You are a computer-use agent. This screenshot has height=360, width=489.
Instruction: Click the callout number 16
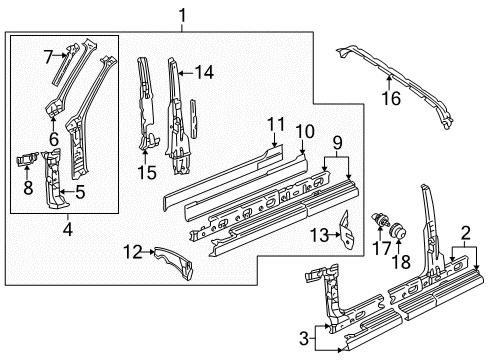391,98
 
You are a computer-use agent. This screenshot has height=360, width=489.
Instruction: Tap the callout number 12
133,252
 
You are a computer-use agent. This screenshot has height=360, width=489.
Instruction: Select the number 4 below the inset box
68,229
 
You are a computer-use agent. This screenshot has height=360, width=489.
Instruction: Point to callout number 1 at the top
182,16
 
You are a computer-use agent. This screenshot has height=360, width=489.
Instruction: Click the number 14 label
204,72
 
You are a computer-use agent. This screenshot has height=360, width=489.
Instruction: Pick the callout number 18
401,262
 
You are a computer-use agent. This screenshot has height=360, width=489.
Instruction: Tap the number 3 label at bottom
304,339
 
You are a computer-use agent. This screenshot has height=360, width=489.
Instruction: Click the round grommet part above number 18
398,230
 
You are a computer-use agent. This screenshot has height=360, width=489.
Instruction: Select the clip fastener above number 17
380,220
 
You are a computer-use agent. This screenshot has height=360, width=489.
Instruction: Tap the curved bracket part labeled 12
174,262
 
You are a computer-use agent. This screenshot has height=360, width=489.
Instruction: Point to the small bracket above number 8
28,158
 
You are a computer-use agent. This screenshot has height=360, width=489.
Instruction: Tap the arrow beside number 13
334,235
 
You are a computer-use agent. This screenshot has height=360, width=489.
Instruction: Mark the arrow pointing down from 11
274,140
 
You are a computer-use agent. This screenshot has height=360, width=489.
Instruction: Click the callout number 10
305,131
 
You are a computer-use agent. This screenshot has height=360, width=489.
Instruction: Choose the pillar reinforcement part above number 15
146,103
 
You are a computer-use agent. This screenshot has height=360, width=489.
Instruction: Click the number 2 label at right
465,233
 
